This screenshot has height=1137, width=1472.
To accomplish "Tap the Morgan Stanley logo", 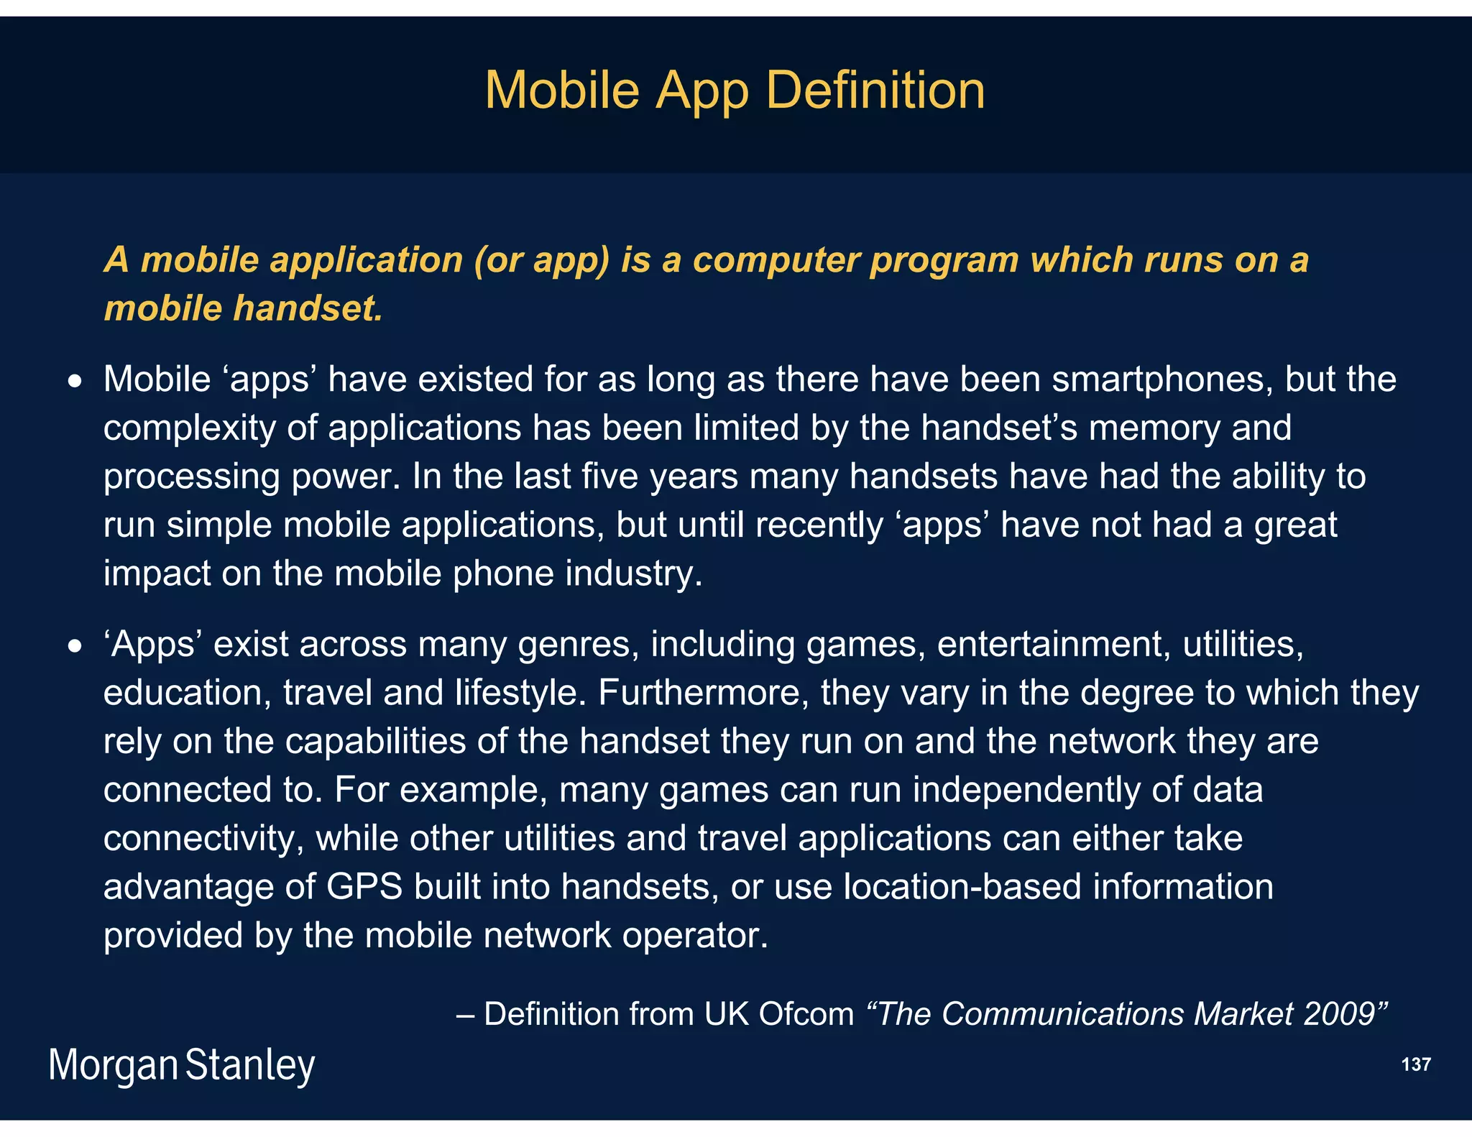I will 182,1065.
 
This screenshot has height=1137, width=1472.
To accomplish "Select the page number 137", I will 1415,1064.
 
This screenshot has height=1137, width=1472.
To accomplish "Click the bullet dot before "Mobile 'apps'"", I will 75,382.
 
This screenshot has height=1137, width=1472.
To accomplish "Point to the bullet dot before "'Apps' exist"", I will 75,647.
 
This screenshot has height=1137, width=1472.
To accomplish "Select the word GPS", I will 364,887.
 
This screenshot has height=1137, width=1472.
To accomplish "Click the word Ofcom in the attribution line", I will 806,1014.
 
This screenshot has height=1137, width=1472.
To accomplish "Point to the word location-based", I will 962,887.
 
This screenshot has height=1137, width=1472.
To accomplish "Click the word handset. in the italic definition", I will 308,309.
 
